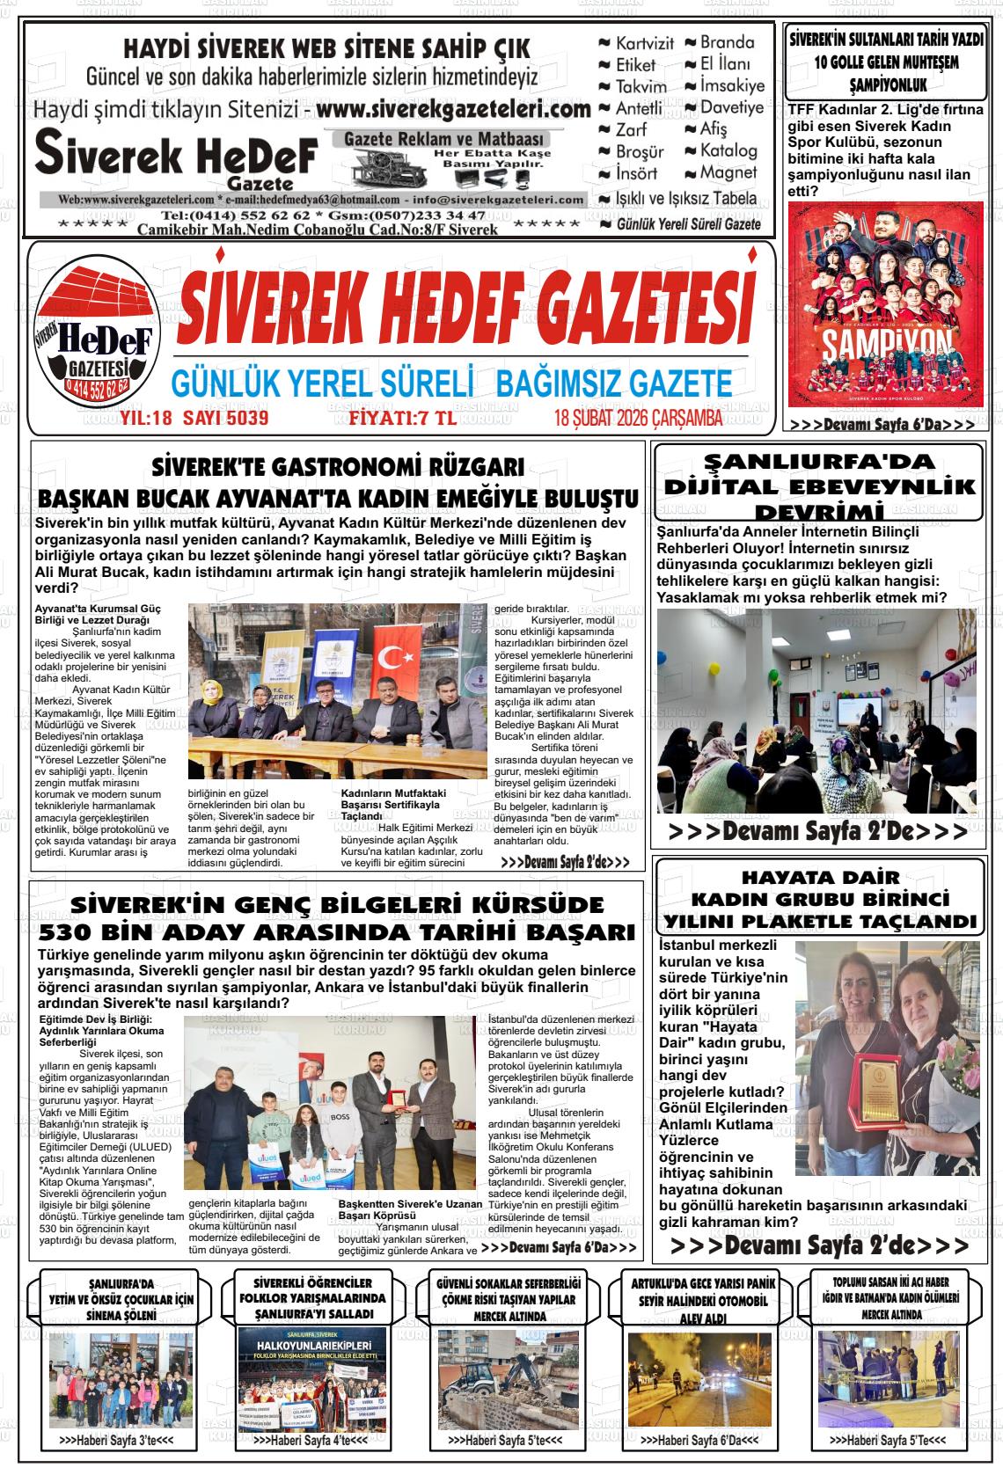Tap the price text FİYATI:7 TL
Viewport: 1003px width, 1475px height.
403,419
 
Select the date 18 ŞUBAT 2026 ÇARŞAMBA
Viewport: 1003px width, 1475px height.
639,419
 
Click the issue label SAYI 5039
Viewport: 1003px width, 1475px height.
225,419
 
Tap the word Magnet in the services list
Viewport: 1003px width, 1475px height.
728,173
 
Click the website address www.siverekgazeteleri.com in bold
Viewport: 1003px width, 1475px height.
453,110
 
